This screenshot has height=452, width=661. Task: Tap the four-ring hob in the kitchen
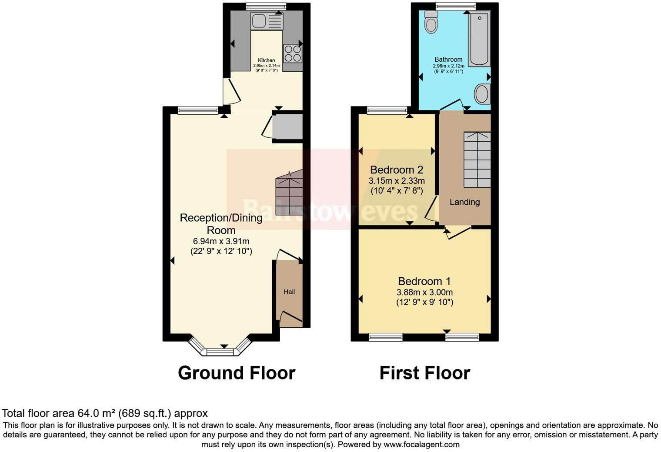(293, 53)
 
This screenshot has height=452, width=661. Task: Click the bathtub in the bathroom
(479, 39)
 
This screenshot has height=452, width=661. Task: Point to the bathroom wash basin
(482, 94)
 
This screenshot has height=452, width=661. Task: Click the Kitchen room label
(267, 60)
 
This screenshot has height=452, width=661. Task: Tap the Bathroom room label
(448, 60)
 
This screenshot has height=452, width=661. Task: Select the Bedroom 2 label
(396, 169)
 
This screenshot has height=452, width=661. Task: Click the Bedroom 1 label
(424, 281)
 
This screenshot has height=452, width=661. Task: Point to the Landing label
(464, 202)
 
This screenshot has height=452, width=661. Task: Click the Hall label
(289, 292)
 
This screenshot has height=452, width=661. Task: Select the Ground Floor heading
(237, 373)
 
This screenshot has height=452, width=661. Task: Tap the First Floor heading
(424, 373)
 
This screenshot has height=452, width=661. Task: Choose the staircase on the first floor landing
(477, 160)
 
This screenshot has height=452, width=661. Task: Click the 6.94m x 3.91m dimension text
(221, 241)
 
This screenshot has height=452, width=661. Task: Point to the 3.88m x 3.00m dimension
(424, 292)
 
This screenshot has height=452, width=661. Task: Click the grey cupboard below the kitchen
(287, 127)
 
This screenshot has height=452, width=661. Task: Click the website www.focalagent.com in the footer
(421, 445)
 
